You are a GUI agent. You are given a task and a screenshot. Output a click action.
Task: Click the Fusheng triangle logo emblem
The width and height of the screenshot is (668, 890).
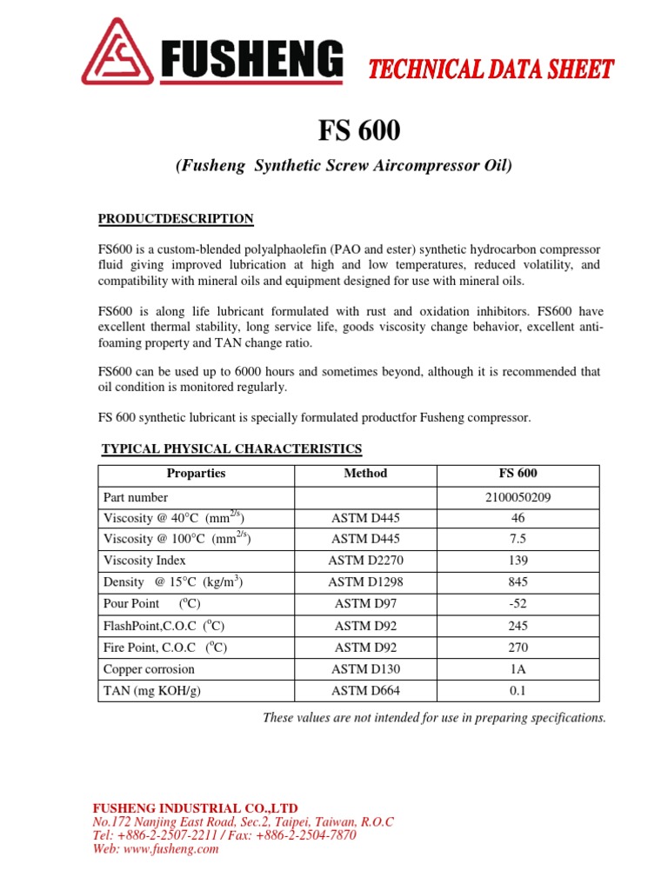(x=117, y=54)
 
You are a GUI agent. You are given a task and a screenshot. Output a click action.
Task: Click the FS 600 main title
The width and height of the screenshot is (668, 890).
(x=358, y=131)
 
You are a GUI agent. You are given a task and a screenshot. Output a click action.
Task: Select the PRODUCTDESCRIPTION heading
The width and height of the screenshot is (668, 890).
(x=176, y=218)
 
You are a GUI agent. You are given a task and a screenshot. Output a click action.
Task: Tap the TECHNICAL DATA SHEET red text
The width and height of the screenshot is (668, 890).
(x=491, y=70)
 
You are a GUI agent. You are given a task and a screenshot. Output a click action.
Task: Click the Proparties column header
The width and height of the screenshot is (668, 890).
(x=196, y=474)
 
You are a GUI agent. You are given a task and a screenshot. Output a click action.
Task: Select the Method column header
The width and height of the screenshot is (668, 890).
(x=365, y=474)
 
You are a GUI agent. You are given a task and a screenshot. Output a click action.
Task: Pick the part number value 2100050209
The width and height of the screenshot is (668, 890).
(x=518, y=498)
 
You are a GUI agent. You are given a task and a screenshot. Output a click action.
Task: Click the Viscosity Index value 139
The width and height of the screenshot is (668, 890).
(x=518, y=561)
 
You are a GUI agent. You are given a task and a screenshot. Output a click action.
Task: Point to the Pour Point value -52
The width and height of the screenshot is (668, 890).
(x=518, y=604)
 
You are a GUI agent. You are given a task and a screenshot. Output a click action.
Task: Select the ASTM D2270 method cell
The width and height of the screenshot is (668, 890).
(x=365, y=561)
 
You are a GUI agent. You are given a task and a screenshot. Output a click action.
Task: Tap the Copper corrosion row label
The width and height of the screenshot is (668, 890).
(x=149, y=669)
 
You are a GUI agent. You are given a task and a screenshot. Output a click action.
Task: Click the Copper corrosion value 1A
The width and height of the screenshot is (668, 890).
(x=518, y=669)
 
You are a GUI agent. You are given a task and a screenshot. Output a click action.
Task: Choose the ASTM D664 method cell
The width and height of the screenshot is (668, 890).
(x=365, y=691)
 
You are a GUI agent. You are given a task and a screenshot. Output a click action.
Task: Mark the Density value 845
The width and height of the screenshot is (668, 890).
(x=518, y=582)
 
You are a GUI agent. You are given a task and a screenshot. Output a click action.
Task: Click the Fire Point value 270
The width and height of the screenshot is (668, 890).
(x=518, y=648)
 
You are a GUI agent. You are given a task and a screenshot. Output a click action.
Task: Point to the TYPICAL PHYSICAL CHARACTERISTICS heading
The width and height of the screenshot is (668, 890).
(x=231, y=448)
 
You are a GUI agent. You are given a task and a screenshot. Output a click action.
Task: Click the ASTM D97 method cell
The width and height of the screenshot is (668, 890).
(x=365, y=604)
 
